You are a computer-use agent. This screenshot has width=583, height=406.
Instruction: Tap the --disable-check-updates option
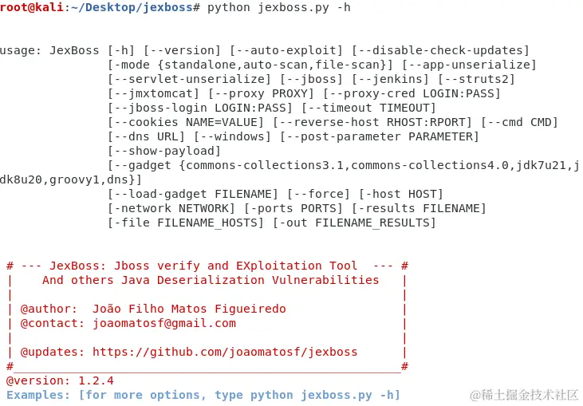(x=440, y=50)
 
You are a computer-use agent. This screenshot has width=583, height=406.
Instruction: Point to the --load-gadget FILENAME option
(x=193, y=194)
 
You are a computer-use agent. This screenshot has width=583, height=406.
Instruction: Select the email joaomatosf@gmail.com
(x=164, y=323)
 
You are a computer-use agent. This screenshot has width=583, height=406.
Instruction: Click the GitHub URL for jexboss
(x=225, y=352)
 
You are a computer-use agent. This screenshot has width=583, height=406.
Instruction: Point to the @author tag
(x=49, y=309)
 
